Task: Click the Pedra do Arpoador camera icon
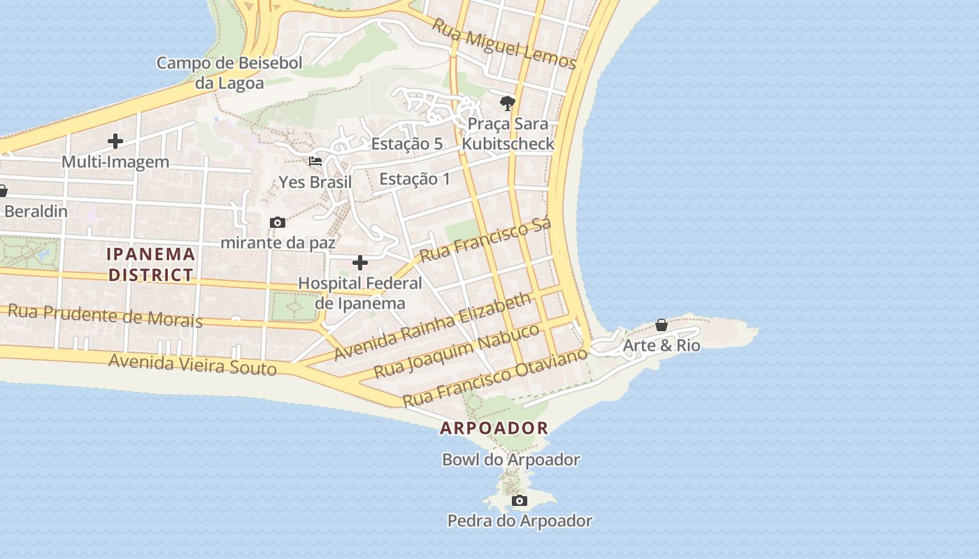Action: click(x=519, y=500)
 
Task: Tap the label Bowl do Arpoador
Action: click(x=510, y=460)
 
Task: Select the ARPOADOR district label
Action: click(x=494, y=428)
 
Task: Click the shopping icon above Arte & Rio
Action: click(x=661, y=325)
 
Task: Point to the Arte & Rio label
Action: click(x=661, y=346)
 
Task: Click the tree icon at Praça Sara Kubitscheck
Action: click(x=507, y=103)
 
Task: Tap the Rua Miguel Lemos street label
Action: click(x=503, y=44)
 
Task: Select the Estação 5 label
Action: click(x=407, y=144)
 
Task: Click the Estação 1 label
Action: click(x=415, y=179)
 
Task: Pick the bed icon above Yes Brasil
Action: click(x=315, y=161)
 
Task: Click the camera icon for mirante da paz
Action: click(x=278, y=222)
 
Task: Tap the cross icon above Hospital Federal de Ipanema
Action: click(x=360, y=263)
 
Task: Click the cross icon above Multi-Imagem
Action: click(x=115, y=141)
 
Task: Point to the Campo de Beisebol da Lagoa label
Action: click(x=229, y=73)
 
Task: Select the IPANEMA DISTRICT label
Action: click(x=150, y=264)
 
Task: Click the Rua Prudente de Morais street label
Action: click(x=105, y=315)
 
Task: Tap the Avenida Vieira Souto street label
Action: click(x=192, y=364)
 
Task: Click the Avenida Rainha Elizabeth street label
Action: click(x=433, y=326)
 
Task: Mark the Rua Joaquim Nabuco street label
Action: click(x=457, y=351)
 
